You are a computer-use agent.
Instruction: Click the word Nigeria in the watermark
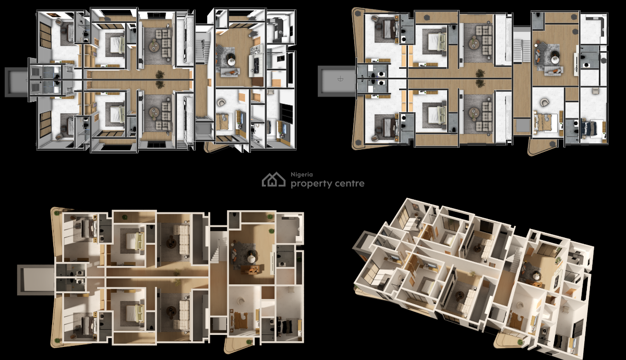coord(299,175)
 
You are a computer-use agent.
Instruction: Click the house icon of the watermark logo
coord(273,180)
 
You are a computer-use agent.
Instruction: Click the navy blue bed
coord(594,128)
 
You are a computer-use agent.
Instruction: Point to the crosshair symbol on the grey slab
coord(340,79)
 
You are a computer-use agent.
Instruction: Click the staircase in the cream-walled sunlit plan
coord(218,248)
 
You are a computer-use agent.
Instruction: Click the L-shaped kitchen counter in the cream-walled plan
coord(290,227)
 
